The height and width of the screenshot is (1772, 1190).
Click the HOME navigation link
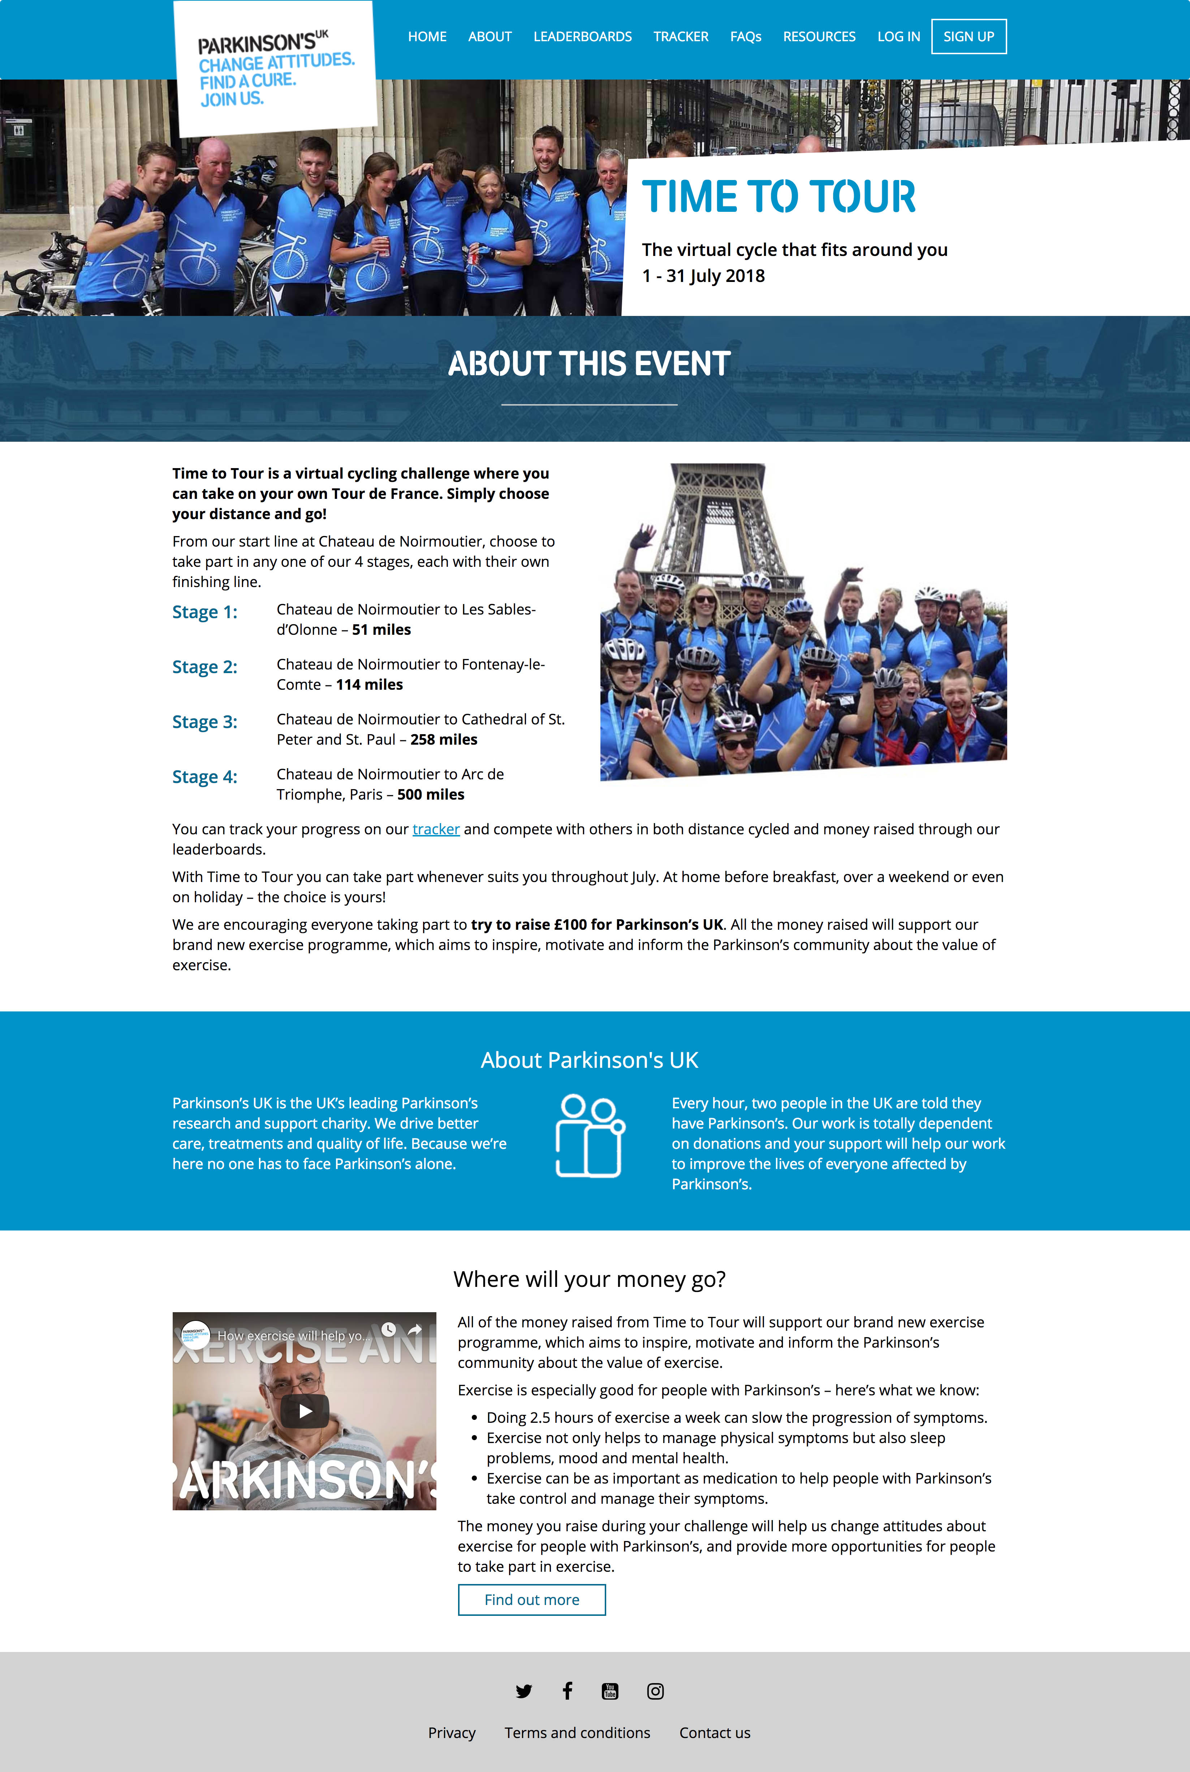click(427, 37)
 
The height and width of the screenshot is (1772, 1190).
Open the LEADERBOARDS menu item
click(582, 37)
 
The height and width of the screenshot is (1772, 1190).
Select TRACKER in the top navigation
click(681, 37)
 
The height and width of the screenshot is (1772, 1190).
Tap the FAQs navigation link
click(745, 37)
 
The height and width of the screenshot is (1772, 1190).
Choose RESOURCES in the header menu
click(819, 37)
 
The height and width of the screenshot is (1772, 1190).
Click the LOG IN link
click(898, 37)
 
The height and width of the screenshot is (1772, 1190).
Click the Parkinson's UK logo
click(276, 68)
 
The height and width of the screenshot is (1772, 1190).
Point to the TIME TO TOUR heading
click(779, 197)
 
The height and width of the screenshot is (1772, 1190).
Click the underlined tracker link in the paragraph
click(436, 829)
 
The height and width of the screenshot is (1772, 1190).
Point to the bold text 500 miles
click(430, 794)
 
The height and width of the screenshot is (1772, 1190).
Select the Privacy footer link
click(452, 1733)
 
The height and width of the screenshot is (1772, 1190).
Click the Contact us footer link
click(714, 1733)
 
